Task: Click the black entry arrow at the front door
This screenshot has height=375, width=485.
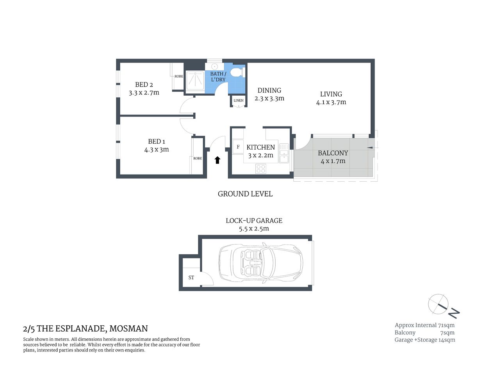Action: click(x=218, y=160)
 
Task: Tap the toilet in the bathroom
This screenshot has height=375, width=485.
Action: click(x=237, y=73)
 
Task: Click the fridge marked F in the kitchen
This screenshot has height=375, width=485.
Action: click(x=238, y=147)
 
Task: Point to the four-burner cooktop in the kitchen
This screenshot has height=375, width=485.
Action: click(x=261, y=169)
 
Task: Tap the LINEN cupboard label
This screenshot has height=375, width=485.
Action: click(x=239, y=100)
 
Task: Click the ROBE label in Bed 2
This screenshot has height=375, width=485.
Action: click(x=178, y=77)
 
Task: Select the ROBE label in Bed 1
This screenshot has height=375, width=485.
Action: click(x=198, y=158)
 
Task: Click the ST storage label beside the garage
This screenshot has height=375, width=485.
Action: click(x=191, y=278)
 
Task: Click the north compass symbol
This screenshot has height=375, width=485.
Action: click(x=443, y=305)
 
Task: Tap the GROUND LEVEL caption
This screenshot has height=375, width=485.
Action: click(x=245, y=194)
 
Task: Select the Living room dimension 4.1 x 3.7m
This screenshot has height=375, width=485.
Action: click(x=331, y=102)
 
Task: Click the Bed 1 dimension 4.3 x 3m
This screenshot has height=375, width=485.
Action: click(x=156, y=150)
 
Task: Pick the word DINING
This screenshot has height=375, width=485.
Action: click(x=269, y=90)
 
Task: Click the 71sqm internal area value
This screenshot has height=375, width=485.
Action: click(x=446, y=325)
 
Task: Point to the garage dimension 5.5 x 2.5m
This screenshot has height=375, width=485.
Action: click(x=254, y=229)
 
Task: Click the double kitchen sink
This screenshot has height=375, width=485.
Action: click(x=284, y=153)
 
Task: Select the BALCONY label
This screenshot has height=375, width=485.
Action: click(x=333, y=153)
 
